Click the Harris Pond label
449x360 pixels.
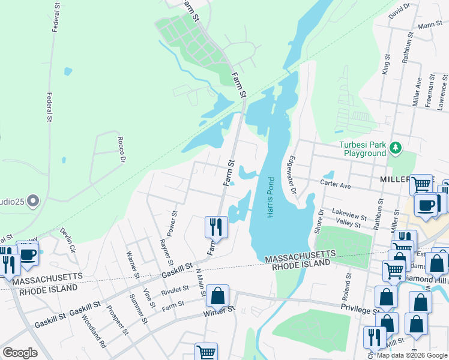tap(271, 197)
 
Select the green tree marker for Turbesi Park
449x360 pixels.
tap(395, 147)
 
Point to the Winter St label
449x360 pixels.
tap(217, 311)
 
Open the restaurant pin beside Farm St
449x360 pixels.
tap(215, 227)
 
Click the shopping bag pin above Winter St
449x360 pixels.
tap(218, 295)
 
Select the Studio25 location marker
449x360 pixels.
tap(32, 200)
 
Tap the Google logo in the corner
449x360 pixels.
tap(20, 352)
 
